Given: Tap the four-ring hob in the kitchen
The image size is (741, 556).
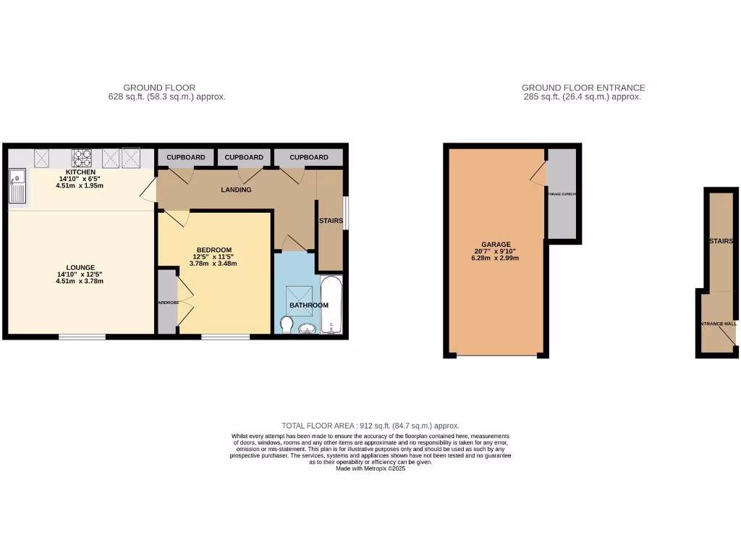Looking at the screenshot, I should pos(80,157).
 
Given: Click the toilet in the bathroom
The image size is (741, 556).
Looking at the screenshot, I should pos(287,327).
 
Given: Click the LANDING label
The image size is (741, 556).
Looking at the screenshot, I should pos(237,190).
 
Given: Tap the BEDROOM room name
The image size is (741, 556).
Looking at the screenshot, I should pos(213,250).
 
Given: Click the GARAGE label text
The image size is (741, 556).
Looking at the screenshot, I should pos(496,245).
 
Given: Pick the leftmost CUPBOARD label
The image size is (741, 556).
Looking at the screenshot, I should pos(186,157).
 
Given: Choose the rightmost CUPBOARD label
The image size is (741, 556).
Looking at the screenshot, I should pos(309,157).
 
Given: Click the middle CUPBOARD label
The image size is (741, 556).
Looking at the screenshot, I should pos(244,157).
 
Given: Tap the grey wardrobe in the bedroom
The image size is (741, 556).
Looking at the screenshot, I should pos(166,302).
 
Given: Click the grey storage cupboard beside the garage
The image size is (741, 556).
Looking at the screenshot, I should pos(562,194).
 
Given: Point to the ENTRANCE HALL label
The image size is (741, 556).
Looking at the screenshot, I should pos(716,324).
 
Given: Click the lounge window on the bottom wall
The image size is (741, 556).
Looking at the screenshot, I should pos(82,337).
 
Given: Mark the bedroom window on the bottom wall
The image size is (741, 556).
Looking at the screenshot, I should pos(225,337).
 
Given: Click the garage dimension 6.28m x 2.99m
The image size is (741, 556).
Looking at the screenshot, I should pos(496,258).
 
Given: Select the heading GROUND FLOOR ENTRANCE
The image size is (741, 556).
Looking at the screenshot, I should pos(583,88).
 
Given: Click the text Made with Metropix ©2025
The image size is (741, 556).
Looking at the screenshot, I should pos(370,468).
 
